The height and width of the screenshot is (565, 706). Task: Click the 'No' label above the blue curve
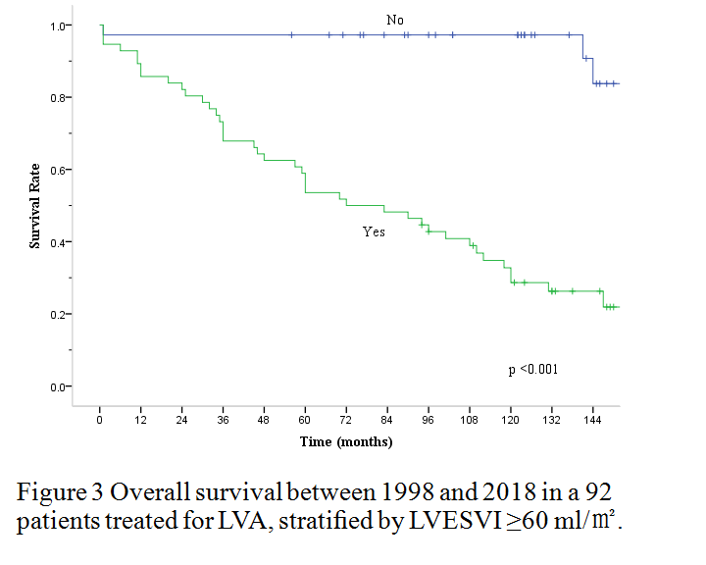tap(395, 20)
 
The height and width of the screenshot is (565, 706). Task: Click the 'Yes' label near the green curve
tap(374, 232)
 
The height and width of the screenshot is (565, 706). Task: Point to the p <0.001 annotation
tap(533, 369)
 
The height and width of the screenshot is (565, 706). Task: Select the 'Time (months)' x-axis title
tap(346, 442)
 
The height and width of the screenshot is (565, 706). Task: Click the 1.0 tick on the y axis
tap(59, 26)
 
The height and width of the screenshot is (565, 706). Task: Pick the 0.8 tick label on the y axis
tap(59, 98)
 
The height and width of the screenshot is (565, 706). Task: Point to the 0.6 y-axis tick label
tap(59, 171)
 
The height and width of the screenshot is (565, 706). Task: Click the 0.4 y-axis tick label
tap(59, 242)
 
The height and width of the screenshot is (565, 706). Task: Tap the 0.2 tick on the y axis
tap(59, 315)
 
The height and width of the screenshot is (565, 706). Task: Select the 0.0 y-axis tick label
tap(59, 386)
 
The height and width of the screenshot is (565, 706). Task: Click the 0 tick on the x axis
tap(100, 420)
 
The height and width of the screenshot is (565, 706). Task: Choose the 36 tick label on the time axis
tap(223, 420)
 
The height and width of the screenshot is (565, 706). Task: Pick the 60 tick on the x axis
tap(305, 420)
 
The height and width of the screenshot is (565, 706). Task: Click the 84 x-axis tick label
tap(386, 420)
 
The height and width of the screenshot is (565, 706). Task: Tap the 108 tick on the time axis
tap(469, 420)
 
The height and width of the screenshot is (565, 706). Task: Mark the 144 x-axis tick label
tap(591, 420)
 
